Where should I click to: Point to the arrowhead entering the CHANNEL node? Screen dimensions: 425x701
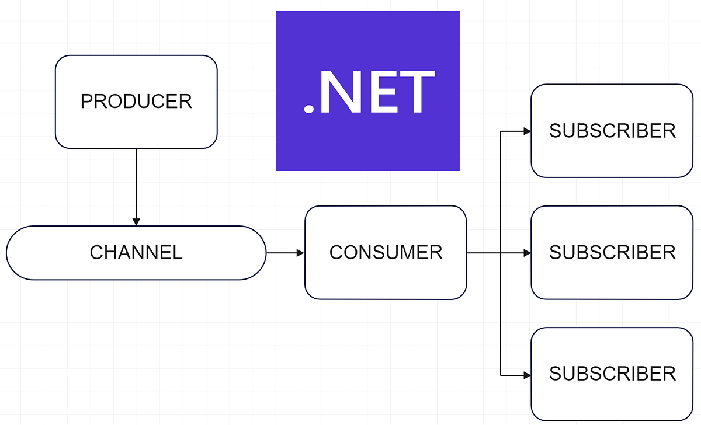[x=136, y=222]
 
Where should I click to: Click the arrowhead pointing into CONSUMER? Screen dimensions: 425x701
[x=300, y=253]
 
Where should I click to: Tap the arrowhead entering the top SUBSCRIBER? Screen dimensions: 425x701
[x=527, y=131]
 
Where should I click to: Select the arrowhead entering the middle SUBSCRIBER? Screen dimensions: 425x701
[x=527, y=253]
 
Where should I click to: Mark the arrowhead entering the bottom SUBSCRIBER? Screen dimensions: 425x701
[x=527, y=374]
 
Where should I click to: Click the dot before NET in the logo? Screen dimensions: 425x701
[x=308, y=109]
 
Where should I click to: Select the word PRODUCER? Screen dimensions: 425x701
[x=136, y=102]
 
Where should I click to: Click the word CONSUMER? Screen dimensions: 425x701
[x=386, y=253]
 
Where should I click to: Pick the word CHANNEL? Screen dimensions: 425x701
[x=136, y=253]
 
